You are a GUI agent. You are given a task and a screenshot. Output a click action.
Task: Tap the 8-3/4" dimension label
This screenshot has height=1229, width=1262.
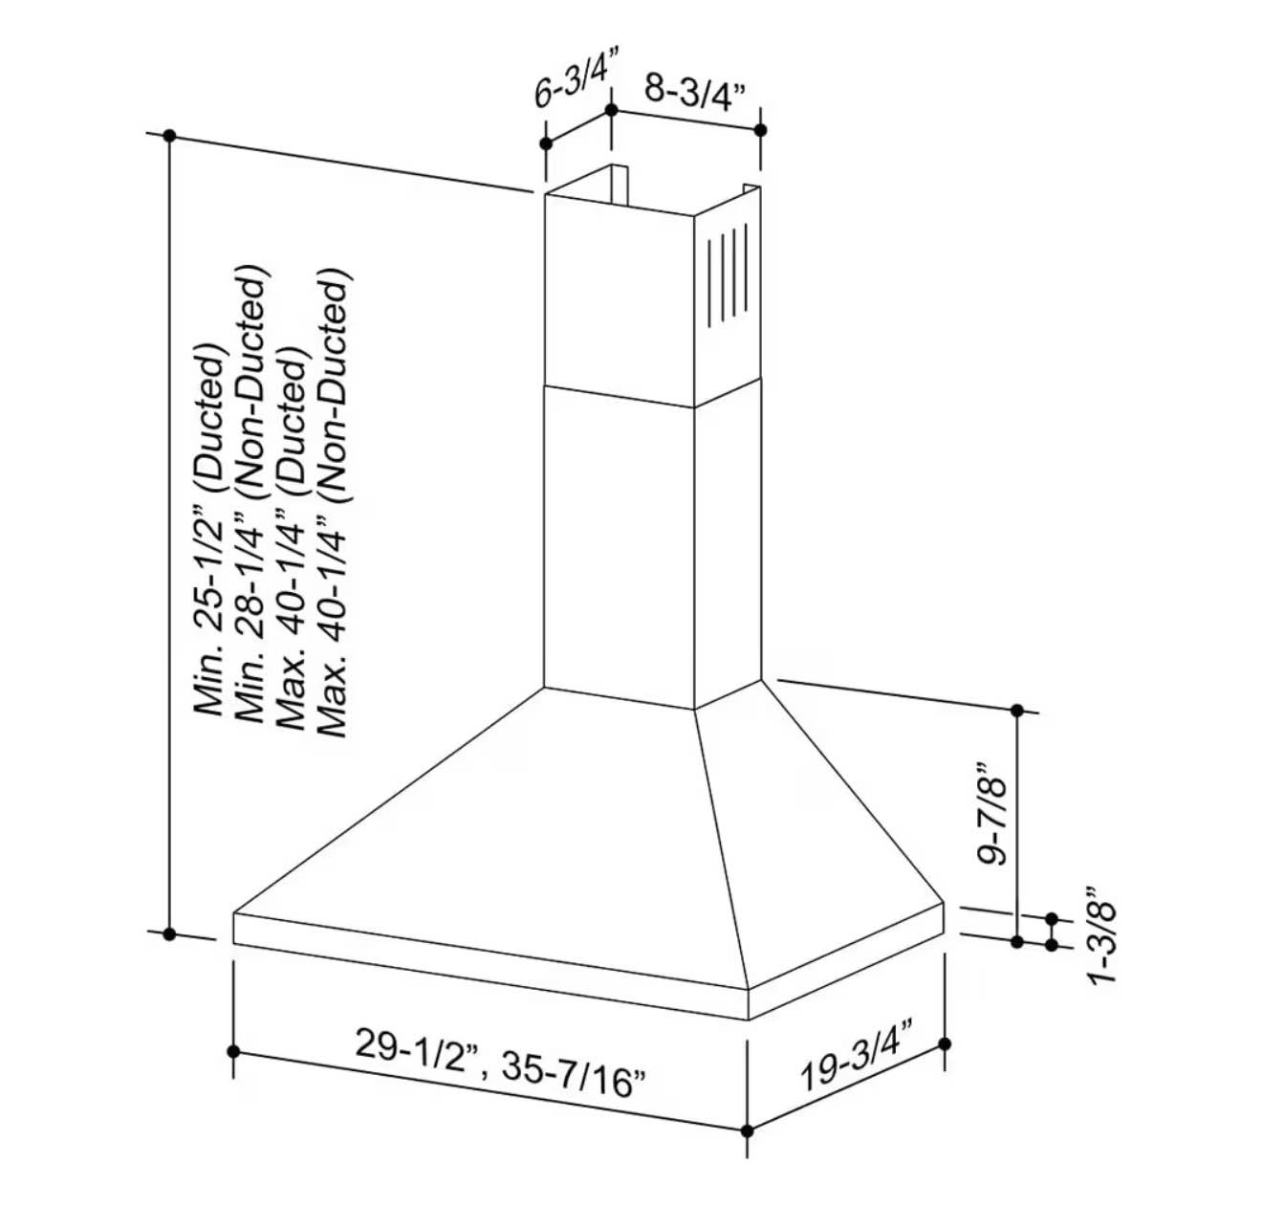(694, 93)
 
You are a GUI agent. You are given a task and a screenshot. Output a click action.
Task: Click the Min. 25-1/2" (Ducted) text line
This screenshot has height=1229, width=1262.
(209, 531)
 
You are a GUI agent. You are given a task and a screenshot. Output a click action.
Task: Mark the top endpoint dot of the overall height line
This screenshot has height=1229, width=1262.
(170, 136)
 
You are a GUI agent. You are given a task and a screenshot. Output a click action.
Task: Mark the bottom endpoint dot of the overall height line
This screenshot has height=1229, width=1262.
(170, 933)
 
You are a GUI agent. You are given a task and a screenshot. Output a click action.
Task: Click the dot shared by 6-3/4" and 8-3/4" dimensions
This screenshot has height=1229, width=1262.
(612, 111)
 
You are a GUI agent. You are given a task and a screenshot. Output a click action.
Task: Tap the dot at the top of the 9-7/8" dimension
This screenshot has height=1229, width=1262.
(1017, 711)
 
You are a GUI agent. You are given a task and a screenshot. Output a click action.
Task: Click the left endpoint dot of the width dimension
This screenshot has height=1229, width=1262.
(234, 1050)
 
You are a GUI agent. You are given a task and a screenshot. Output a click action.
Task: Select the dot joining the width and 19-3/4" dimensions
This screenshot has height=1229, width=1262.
(748, 1130)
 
